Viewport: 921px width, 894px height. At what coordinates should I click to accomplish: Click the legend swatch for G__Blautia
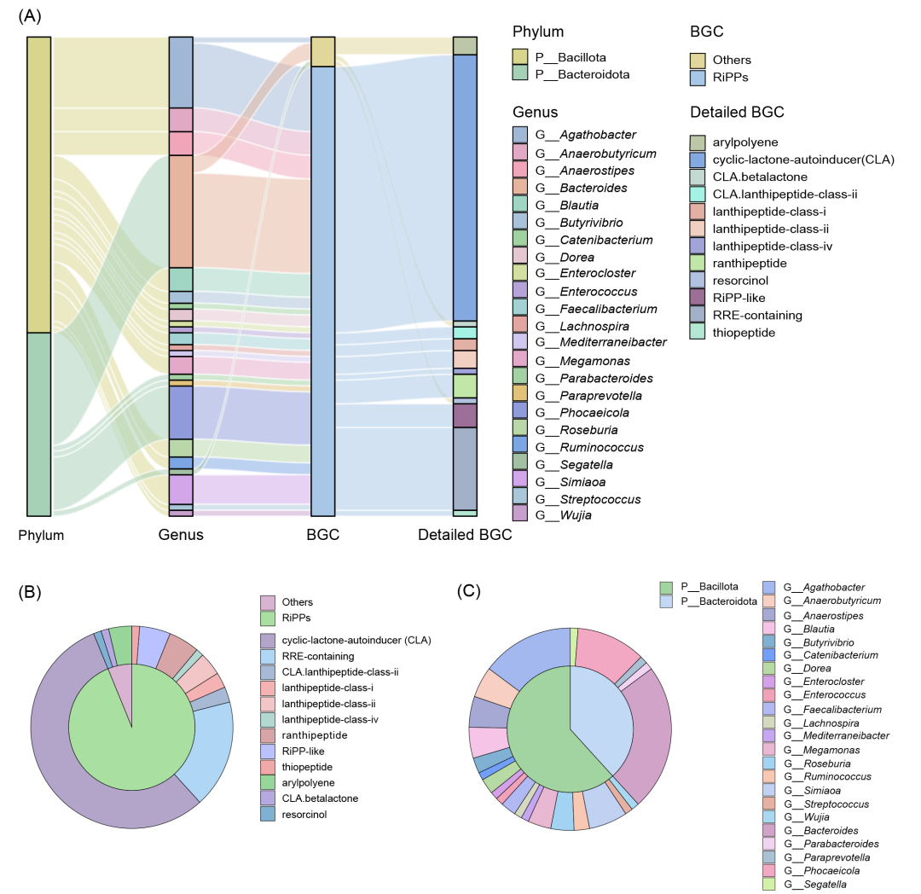(x=768, y=629)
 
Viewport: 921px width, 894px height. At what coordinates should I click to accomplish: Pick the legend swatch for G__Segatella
(x=768, y=884)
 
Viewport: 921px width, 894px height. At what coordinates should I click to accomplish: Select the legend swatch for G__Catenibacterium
(x=768, y=655)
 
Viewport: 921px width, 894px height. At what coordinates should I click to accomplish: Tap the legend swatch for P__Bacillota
(x=666, y=588)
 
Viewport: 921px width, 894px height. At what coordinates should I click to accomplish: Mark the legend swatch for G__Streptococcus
(x=768, y=804)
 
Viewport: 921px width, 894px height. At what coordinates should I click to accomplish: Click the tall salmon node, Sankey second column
(x=181, y=211)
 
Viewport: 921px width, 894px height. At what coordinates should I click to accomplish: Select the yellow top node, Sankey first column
(x=39, y=183)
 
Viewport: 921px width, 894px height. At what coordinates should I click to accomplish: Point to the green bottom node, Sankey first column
(x=39, y=424)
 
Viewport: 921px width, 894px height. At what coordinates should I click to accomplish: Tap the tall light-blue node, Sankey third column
(x=322, y=290)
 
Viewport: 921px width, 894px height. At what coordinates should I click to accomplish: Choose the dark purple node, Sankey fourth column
(x=465, y=415)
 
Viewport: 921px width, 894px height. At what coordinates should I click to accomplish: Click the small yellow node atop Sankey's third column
(x=322, y=51)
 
